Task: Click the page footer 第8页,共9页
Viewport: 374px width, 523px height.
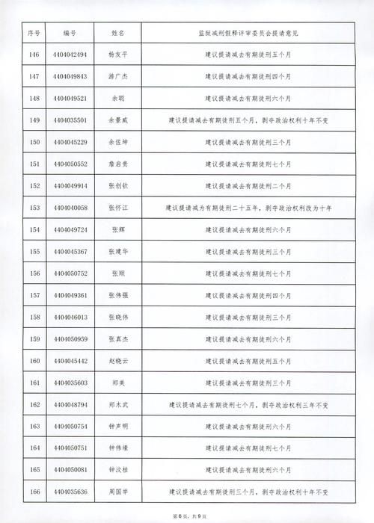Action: pyautogui.click(x=188, y=516)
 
